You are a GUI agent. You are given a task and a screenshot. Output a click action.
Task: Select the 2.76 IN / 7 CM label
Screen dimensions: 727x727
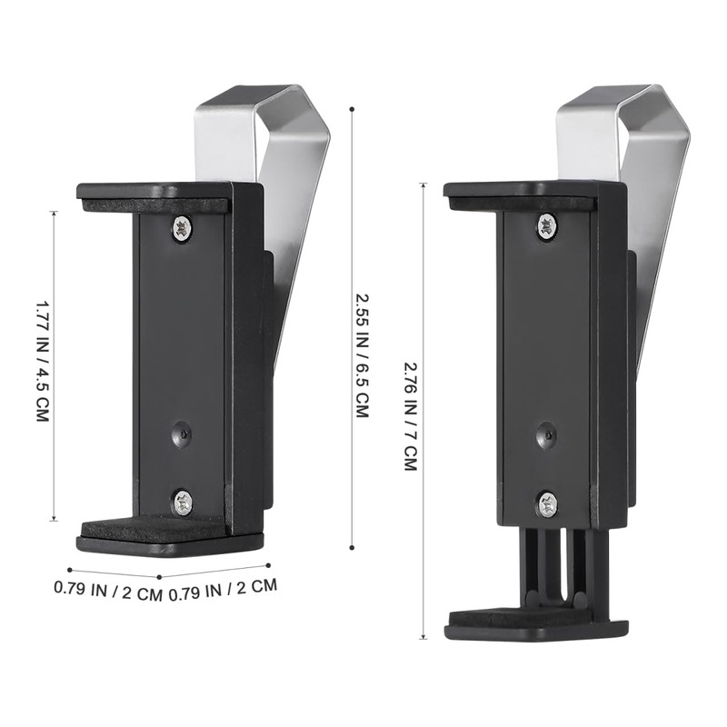point(410,413)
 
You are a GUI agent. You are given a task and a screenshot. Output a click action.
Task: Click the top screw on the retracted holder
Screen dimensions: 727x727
point(182,228)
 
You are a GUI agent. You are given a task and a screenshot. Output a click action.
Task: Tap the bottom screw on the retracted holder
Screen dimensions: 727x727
point(183,500)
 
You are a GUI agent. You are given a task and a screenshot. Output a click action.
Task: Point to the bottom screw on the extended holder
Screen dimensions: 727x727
point(547,503)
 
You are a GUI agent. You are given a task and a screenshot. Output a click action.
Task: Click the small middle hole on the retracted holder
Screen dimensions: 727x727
point(182,433)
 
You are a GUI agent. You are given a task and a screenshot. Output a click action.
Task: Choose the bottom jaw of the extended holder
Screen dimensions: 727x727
point(536,625)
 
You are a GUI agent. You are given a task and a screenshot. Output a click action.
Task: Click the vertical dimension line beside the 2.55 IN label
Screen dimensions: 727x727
point(352,327)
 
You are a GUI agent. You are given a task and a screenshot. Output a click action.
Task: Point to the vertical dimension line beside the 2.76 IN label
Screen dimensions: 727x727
point(423,409)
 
